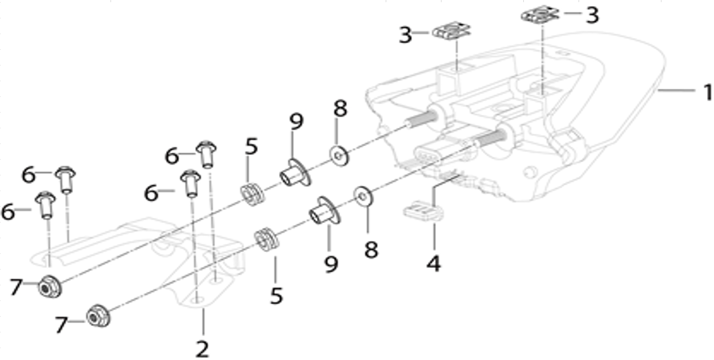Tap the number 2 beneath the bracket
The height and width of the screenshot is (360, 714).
202,349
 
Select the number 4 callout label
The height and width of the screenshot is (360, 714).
433,264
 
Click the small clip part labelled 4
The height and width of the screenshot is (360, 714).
424,211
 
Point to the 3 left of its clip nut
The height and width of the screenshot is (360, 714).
405,35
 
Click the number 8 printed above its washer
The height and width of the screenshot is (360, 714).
340,108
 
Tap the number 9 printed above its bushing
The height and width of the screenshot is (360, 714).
296,121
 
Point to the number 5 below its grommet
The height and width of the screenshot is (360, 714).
276,296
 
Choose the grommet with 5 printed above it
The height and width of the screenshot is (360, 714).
252,194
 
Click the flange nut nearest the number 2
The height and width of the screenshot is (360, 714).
98,316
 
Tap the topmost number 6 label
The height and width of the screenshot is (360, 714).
172,157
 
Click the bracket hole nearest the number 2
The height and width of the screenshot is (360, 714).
198,300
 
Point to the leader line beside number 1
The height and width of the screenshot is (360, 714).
677,90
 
